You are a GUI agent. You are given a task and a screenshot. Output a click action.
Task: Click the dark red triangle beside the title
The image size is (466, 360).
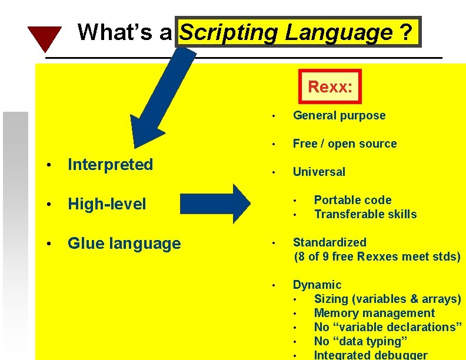click(x=45, y=37)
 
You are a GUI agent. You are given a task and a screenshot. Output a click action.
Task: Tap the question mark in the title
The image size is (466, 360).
click(x=405, y=32)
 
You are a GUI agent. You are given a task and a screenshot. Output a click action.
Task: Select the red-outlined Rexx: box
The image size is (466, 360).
click(x=330, y=87)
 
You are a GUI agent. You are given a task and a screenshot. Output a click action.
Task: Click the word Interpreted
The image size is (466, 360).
click(x=111, y=165)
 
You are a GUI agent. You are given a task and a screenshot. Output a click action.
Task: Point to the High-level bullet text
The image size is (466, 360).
click(x=107, y=204)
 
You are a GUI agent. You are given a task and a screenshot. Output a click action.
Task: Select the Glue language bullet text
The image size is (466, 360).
click(x=124, y=244)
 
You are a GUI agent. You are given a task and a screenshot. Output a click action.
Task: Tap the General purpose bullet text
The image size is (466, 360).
click(x=339, y=115)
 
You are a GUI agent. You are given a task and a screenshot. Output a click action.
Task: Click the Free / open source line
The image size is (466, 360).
click(x=345, y=144)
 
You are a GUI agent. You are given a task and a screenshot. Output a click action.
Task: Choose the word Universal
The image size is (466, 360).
click(x=319, y=172)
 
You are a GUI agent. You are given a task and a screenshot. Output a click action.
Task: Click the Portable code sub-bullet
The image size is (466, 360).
click(x=352, y=200)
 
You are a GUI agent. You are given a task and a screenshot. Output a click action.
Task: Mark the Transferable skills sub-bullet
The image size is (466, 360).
click(x=365, y=214)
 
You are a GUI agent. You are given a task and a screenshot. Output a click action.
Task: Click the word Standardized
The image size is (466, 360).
click(x=329, y=242)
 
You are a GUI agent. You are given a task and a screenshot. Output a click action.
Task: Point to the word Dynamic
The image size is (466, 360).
click(x=317, y=285)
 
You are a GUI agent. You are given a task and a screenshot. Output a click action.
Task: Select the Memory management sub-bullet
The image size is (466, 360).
click(x=374, y=313)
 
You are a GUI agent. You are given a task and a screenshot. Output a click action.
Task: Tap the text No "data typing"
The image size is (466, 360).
click(x=361, y=341)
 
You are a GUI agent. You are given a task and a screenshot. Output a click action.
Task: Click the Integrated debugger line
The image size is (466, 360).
click(x=371, y=355)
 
